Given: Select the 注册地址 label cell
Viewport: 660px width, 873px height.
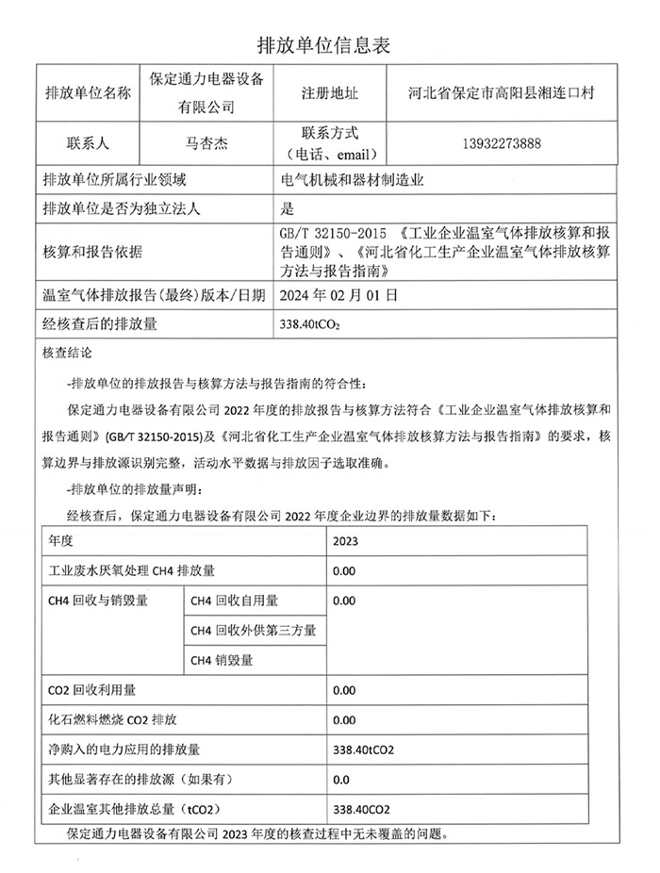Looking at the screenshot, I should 329,93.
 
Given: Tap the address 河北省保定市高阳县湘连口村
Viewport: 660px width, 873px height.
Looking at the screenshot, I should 501,93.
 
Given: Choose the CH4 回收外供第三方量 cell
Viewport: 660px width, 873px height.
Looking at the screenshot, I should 253,630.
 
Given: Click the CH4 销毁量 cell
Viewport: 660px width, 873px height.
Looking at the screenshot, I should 222,660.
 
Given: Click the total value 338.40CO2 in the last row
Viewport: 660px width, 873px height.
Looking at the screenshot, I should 361,809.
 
